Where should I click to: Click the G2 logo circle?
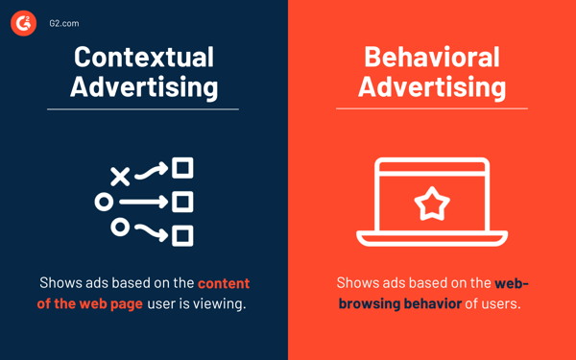(x=23, y=22)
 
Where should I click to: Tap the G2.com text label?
(x=65, y=22)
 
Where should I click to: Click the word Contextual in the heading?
(x=143, y=57)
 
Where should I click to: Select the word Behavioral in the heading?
(x=431, y=57)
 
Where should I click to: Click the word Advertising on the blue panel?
(x=143, y=87)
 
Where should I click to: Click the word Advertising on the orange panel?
(x=431, y=87)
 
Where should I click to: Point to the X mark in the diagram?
(x=119, y=176)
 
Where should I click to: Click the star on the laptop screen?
(x=431, y=203)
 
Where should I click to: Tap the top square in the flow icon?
(x=182, y=169)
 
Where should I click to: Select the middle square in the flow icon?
(x=182, y=202)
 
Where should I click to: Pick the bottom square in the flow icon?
(x=182, y=234)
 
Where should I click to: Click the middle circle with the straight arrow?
(x=104, y=202)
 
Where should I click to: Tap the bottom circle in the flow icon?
(x=120, y=227)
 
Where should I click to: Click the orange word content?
(x=224, y=283)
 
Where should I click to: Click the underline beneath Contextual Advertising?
(x=143, y=109)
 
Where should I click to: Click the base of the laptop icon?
(x=431, y=239)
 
